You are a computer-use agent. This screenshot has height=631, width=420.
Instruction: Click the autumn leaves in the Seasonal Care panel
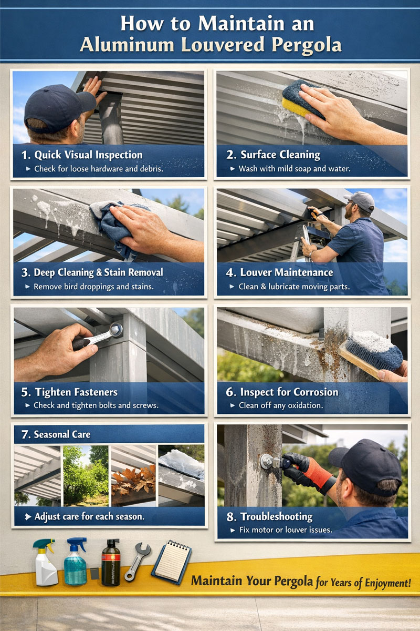coord(134,479)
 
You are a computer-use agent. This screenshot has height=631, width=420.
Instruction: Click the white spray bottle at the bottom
coord(45,563)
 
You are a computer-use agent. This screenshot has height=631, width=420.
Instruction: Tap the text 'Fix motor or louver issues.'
coord(286,530)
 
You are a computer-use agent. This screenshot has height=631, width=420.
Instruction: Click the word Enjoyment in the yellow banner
coord(384,582)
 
